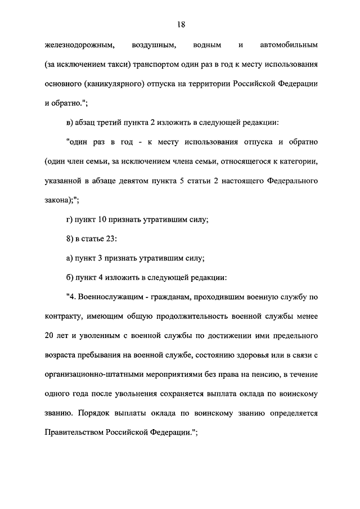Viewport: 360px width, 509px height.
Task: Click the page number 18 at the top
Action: click(x=180, y=24)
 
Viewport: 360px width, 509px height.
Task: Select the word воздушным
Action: click(x=154, y=44)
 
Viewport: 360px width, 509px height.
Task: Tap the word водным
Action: click(x=211, y=44)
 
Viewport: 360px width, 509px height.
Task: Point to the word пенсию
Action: click(x=268, y=375)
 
